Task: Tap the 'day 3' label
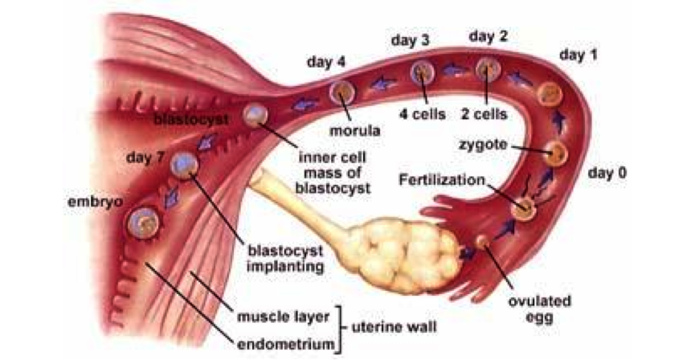(411, 39)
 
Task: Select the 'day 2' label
(489, 36)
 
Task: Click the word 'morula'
(354, 129)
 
